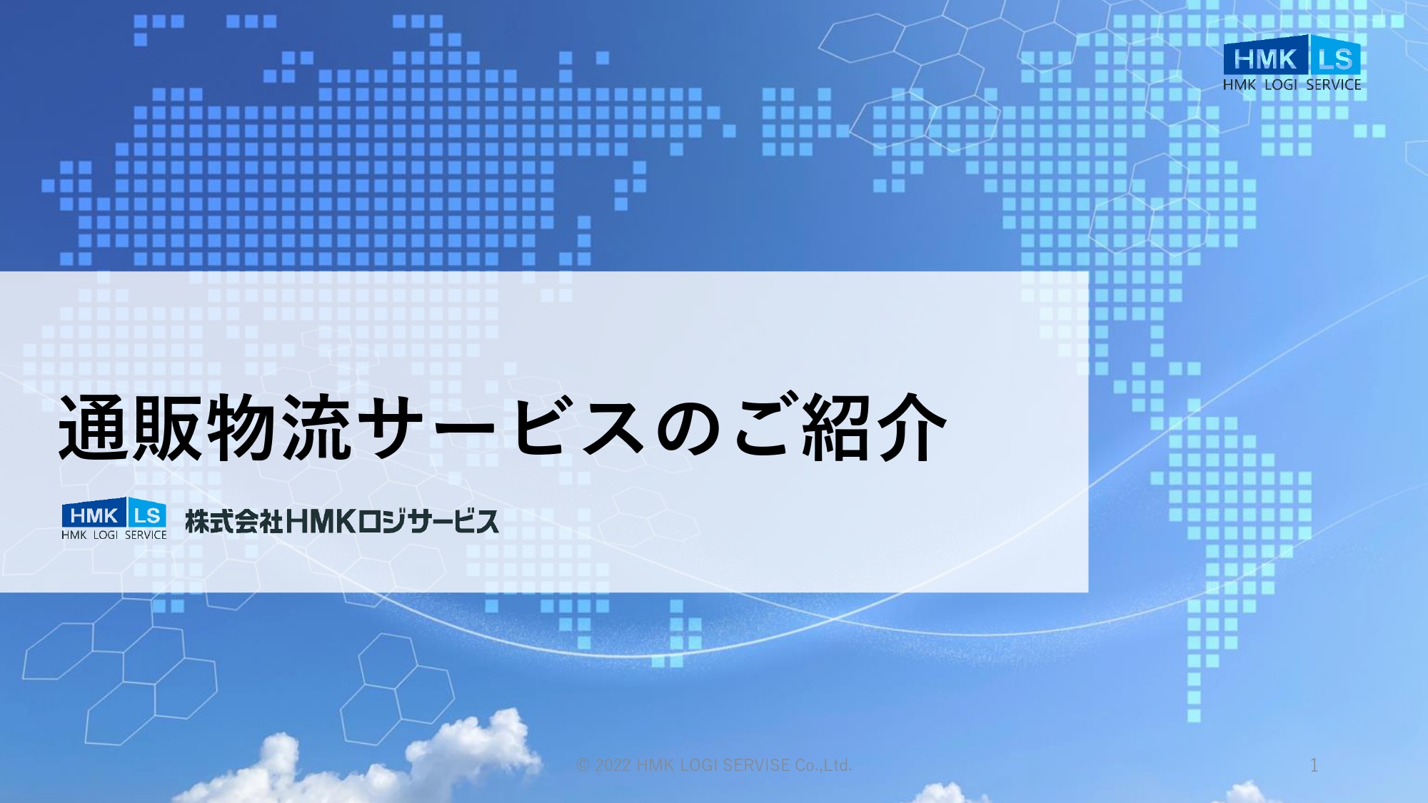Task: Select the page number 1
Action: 1314,765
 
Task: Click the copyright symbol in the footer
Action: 583,765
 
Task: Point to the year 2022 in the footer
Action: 613,765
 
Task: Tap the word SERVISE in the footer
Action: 756,765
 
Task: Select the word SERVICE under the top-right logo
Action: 1334,84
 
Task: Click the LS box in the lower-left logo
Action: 148,514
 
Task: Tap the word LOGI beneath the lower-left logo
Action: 106,535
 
